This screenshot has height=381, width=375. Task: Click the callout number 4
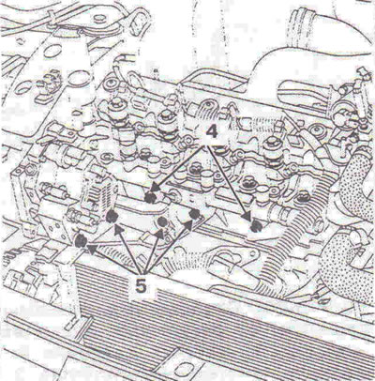(x=211, y=132)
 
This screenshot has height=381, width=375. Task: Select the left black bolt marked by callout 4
(x=151, y=197)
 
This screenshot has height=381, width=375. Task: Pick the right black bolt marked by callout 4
(x=256, y=226)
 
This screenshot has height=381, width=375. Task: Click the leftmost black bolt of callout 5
(x=81, y=240)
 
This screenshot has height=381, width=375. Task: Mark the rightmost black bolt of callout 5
(x=194, y=214)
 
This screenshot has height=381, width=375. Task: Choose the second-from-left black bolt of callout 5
(x=112, y=217)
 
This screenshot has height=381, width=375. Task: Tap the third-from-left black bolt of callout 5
(x=162, y=221)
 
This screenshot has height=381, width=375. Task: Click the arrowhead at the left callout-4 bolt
(x=156, y=189)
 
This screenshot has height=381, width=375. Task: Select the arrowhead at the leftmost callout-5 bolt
(x=92, y=248)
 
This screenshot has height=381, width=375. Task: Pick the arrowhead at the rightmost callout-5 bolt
(x=188, y=224)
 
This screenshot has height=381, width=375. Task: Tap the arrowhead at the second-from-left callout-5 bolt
(x=119, y=232)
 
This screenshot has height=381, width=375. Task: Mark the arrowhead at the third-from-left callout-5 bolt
(x=159, y=234)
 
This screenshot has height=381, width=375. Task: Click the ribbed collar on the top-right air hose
(x=304, y=18)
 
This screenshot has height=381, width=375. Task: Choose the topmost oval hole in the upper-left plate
(x=52, y=51)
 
